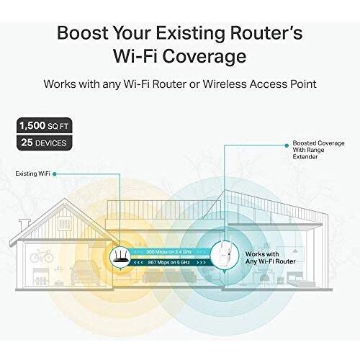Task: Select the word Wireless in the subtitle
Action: tap(225, 84)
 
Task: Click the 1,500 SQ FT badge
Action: tap(44, 125)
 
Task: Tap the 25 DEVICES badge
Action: tap(44, 143)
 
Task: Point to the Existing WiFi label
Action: tap(32, 174)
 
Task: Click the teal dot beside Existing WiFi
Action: tap(55, 174)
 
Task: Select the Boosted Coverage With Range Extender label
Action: tap(318, 150)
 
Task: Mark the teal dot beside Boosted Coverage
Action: tap(287, 145)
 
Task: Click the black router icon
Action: tap(120, 258)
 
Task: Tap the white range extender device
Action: tap(225, 254)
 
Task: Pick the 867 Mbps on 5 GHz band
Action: tap(170, 262)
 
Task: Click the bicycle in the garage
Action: tap(42, 256)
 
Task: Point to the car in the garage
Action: tap(85, 272)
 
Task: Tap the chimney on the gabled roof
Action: tap(24, 225)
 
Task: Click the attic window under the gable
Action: tap(65, 223)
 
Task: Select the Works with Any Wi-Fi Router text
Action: tap(271, 258)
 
